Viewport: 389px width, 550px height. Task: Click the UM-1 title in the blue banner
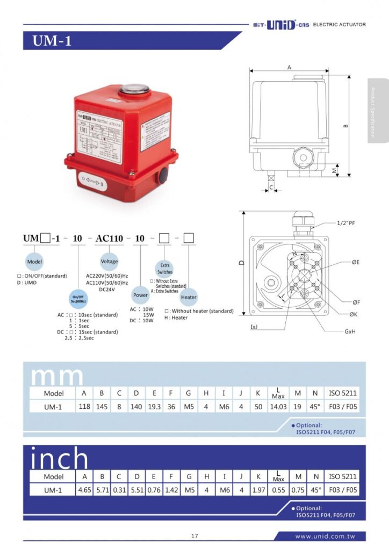pos(52,41)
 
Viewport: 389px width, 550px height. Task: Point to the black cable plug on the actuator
pos(162,176)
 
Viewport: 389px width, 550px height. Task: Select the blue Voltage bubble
pos(109,262)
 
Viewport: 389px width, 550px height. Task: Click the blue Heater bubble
pos(189,297)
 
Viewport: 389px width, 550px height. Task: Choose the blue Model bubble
pos(35,262)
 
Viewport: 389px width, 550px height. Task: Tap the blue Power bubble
pos(140,295)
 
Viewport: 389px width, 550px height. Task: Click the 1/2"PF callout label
pos(345,223)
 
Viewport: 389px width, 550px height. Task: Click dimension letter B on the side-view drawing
pos(345,126)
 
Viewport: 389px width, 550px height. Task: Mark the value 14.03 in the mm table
pos(277,407)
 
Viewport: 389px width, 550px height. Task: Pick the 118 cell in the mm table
pos(84,407)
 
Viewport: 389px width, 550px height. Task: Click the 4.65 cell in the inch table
pos(84,490)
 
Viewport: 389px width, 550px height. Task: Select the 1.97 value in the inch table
pos(258,490)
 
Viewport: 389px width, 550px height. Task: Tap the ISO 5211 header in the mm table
pos(342,393)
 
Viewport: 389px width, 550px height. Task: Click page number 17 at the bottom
pos(195,536)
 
